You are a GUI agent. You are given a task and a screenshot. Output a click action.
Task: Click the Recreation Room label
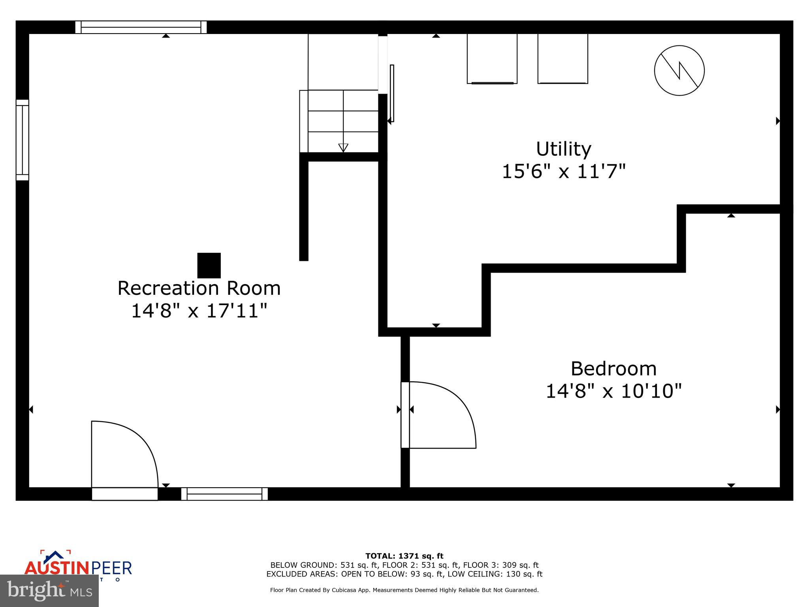coord(199,288)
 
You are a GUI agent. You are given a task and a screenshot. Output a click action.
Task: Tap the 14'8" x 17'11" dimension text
coord(199,311)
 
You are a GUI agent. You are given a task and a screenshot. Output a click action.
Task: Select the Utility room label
coord(563,149)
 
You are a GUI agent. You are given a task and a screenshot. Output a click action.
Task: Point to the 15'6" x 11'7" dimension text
coord(563,172)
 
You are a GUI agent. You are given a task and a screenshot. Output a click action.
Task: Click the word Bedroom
coord(613,369)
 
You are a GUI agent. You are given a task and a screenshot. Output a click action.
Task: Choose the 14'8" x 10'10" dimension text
coord(613,391)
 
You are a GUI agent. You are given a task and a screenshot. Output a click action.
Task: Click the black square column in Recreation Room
coord(209,266)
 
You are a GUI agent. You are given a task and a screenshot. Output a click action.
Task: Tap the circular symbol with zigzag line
coord(679,71)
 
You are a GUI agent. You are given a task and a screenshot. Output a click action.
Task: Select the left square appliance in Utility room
coord(492,58)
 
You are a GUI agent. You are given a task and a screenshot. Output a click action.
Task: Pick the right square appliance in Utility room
coord(563,58)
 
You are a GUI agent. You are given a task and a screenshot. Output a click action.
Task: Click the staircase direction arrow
coord(343,147)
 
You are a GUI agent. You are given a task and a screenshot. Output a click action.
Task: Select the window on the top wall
coord(141,27)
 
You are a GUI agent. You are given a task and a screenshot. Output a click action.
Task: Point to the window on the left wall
coord(23,140)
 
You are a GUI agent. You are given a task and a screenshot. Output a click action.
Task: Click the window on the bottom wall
coord(224,494)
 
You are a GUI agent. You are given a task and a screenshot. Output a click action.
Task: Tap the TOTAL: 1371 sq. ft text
coord(404,556)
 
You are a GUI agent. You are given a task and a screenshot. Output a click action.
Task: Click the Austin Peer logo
coord(78,566)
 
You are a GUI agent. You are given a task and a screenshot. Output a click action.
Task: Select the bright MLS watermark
coord(49,590)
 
